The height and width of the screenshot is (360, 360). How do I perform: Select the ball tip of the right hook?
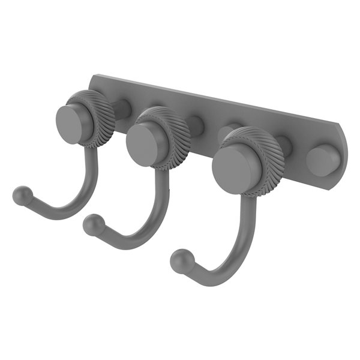click(179, 260)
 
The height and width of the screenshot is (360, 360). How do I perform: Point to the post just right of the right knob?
click(283, 146)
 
